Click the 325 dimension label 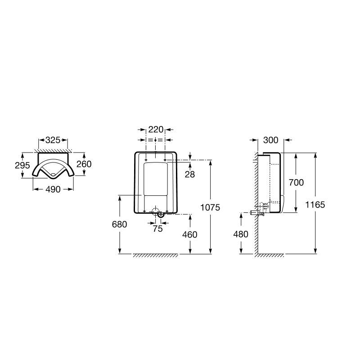click(x=53, y=140)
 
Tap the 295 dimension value click(x=22, y=165)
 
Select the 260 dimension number click(x=84, y=164)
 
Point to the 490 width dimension click(x=53, y=189)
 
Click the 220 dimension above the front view click(x=156, y=130)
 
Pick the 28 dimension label click(x=190, y=175)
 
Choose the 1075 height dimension click(x=210, y=207)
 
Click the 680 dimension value click(x=119, y=224)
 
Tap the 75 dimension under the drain click(x=158, y=229)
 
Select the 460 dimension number click(x=190, y=234)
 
